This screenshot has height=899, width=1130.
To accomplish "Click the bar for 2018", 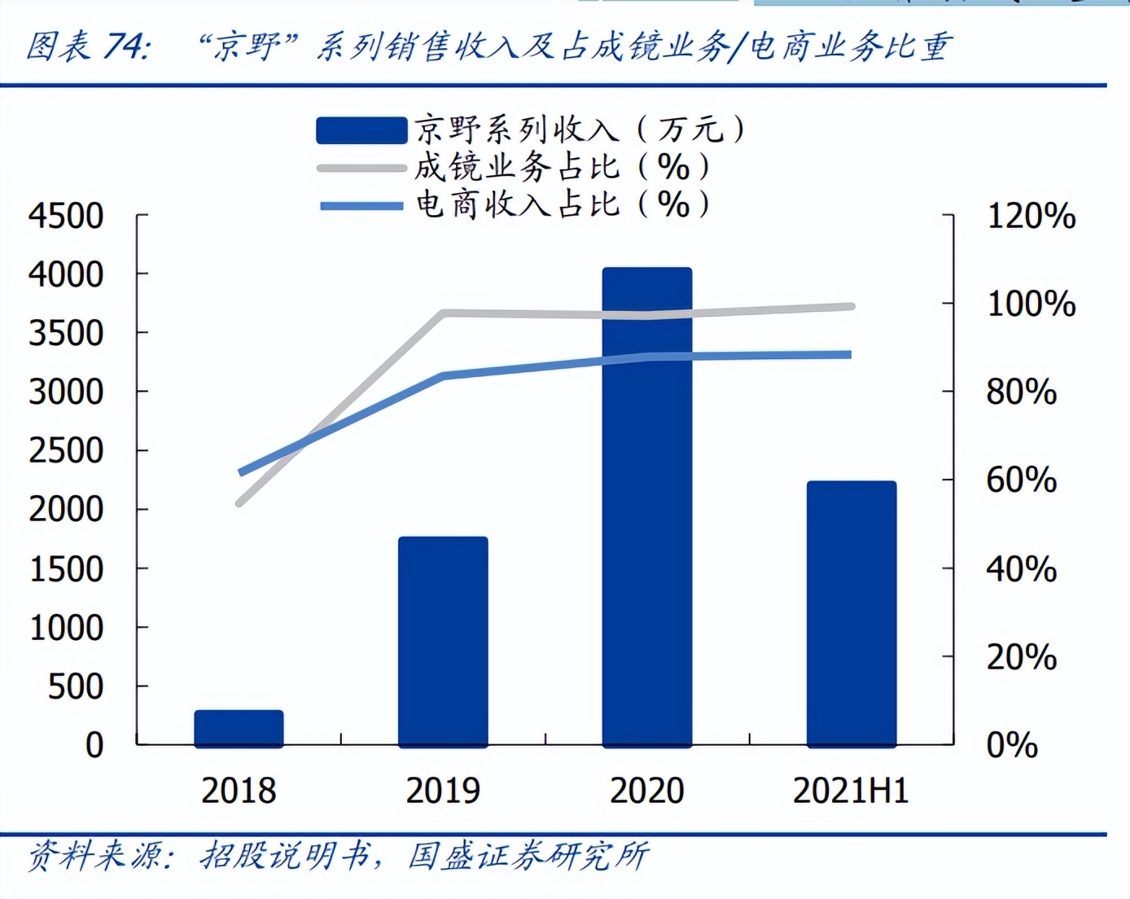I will (x=239, y=728).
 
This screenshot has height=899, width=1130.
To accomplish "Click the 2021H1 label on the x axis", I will (x=851, y=791).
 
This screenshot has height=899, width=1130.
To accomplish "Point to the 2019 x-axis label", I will (x=443, y=791).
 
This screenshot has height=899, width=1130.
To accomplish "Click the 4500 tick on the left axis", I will (x=66, y=216).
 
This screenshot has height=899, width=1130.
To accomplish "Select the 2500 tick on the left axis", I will (x=66, y=450).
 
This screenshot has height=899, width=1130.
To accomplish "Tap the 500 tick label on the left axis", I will (x=75, y=686).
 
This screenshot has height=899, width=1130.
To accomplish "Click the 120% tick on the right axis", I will (x=1031, y=216).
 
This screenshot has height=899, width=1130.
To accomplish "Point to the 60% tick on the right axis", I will (x=1021, y=480).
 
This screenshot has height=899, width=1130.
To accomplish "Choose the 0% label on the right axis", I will (x=1011, y=745).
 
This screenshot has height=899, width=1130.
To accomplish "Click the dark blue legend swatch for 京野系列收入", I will (x=361, y=130).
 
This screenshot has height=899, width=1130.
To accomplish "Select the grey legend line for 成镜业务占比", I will (x=361, y=169).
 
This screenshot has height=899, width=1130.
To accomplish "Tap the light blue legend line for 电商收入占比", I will (x=361, y=205).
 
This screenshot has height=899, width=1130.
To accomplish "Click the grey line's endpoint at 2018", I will (x=239, y=503).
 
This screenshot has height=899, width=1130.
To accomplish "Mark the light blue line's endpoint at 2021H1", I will (x=848, y=355).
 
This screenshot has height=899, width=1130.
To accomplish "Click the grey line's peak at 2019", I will (x=444, y=313).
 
